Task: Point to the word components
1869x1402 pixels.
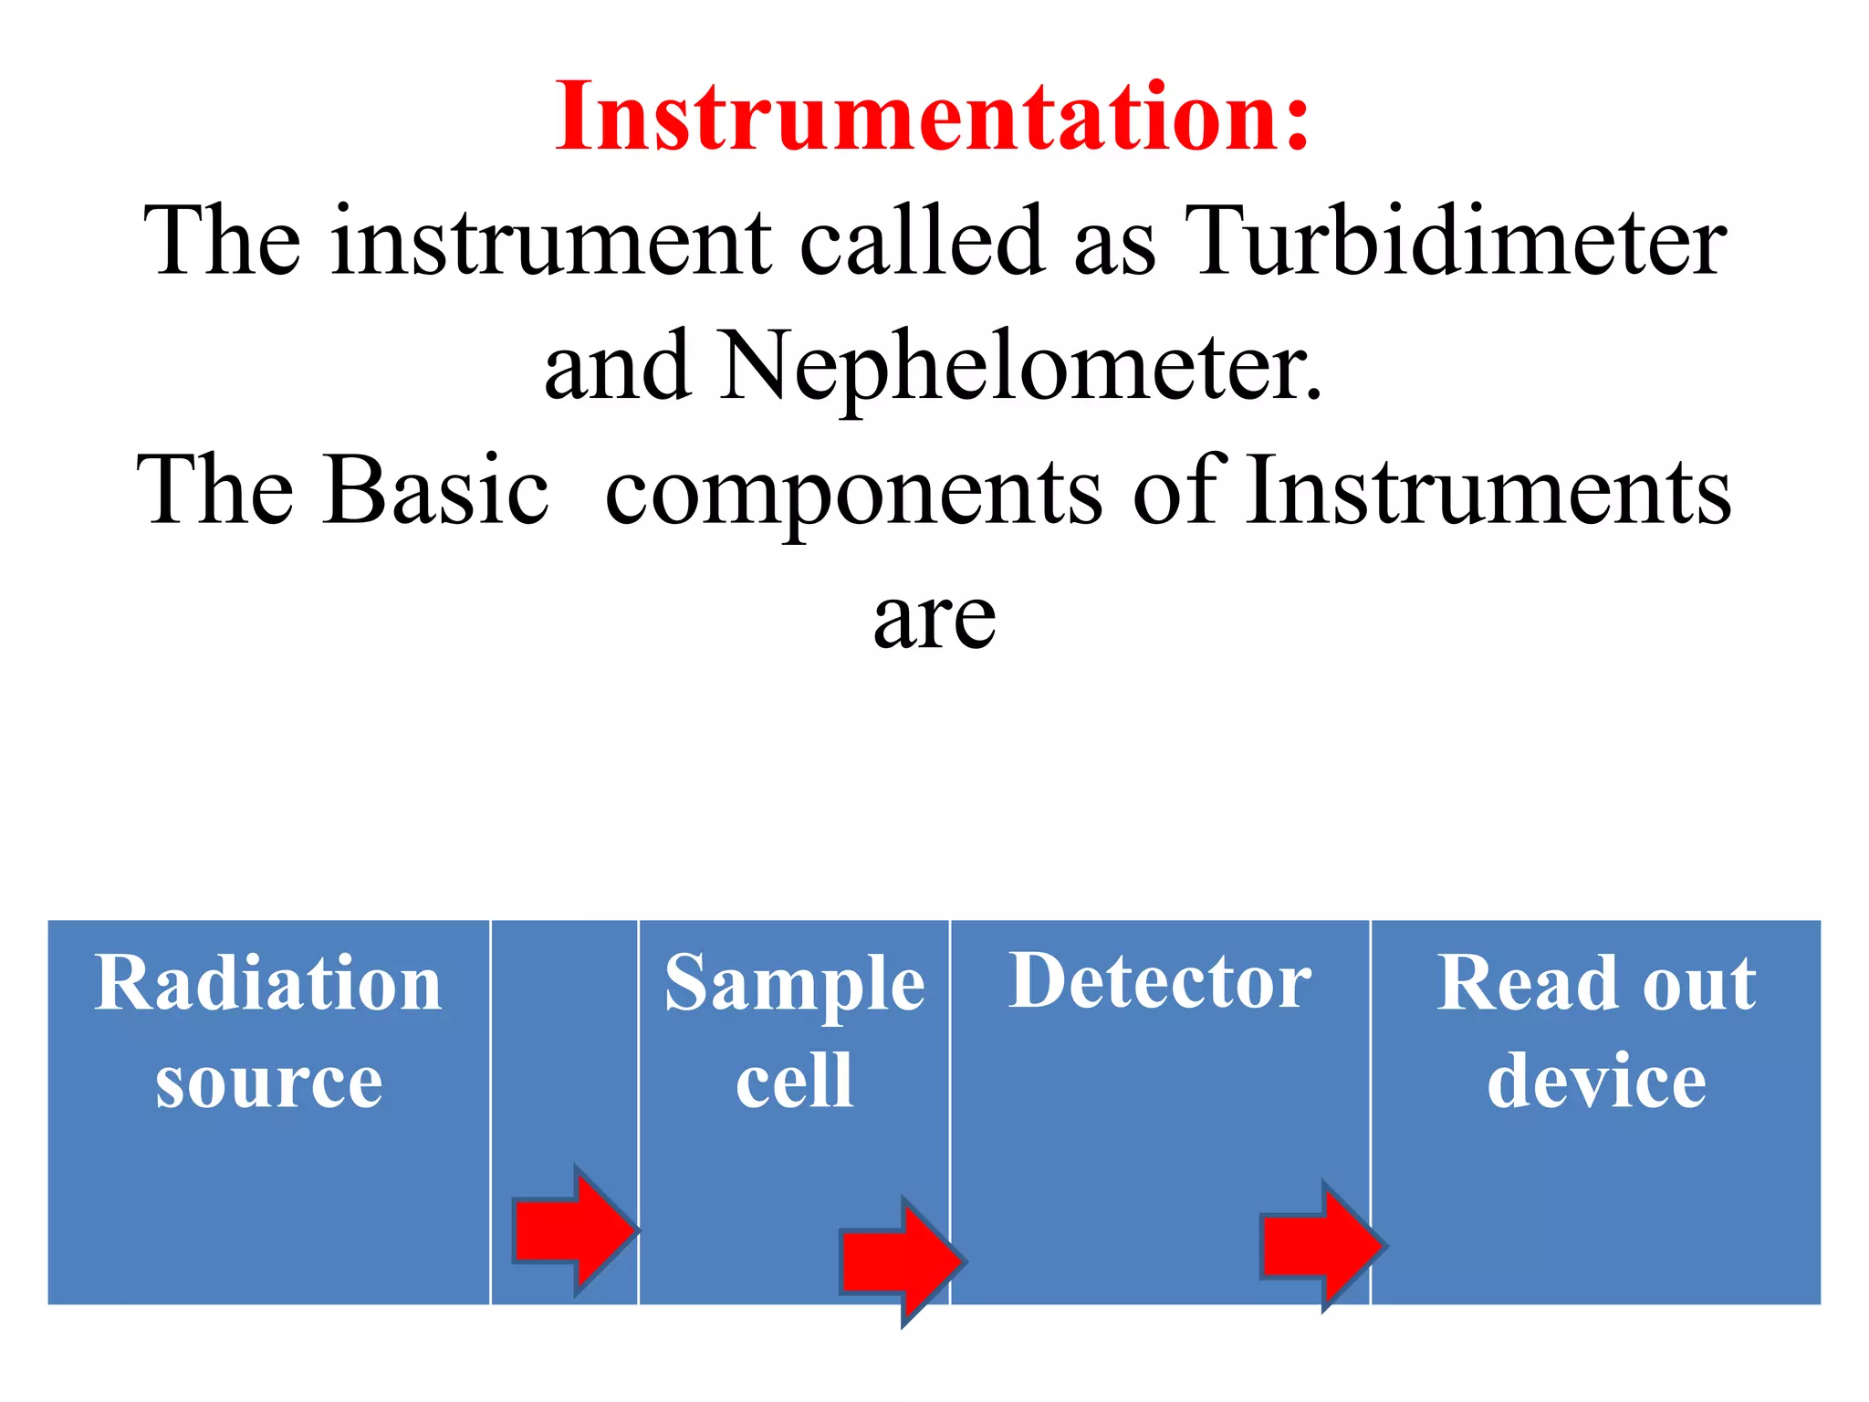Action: point(852,493)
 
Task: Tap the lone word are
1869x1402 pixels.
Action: point(934,619)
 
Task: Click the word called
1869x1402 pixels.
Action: point(922,241)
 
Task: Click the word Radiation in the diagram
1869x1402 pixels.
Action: point(268,983)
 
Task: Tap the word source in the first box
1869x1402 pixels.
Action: point(268,1083)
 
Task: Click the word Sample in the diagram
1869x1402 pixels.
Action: point(794,985)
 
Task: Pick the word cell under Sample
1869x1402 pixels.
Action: point(794,1081)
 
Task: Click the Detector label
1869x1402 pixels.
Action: point(1159,981)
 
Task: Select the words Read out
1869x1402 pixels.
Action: point(1595,983)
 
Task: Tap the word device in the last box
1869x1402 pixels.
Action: point(1595,1081)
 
